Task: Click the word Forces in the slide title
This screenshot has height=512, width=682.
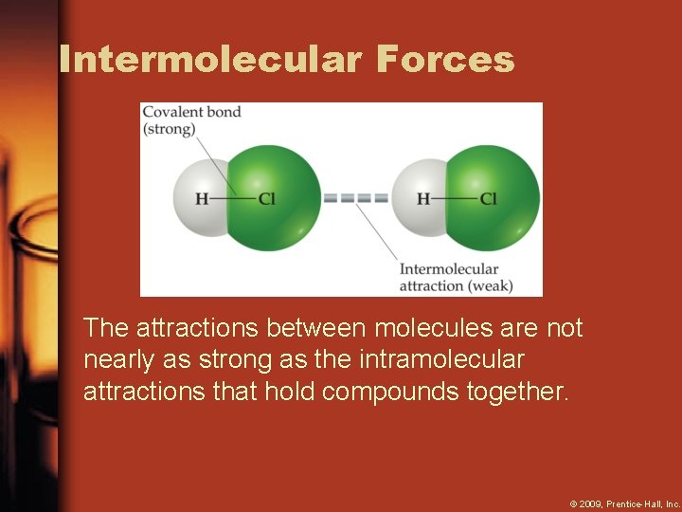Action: pyautogui.click(x=444, y=60)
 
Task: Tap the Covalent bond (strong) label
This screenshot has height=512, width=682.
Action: pyautogui.click(x=191, y=120)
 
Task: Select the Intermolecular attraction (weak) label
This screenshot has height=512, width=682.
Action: pyautogui.click(x=455, y=277)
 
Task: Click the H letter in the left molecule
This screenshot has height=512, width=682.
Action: pyautogui.click(x=202, y=199)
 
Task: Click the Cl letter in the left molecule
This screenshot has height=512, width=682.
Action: pyautogui.click(x=266, y=199)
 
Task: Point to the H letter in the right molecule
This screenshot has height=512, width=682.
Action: pyautogui.click(x=423, y=199)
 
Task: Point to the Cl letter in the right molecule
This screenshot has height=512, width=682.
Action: pyautogui.click(x=488, y=199)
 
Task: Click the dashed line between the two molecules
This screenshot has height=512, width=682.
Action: pyautogui.click(x=355, y=199)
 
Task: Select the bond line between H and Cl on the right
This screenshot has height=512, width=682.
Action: pyautogui.click(x=455, y=199)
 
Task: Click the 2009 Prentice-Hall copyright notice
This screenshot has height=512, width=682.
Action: pyautogui.click(x=624, y=503)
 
